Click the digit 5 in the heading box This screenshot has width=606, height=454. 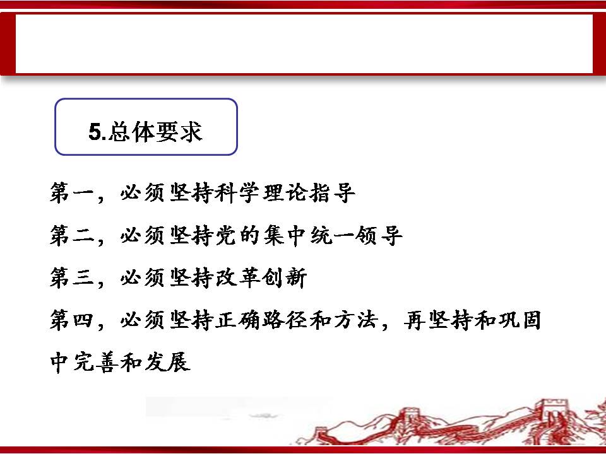pyautogui.click(x=95, y=131)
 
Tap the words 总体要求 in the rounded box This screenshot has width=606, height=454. pyautogui.click(x=155, y=132)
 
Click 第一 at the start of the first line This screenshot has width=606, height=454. pyautogui.click(x=72, y=192)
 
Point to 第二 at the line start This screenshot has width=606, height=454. pyautogui.click(x=72, y=235)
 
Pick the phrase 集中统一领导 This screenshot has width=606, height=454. pyautogui.click(x=333, y=235)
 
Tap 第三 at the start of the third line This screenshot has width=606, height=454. pyautogui.click(x=72, y=277)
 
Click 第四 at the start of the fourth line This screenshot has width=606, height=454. pyautogui.click(x=72, y=320)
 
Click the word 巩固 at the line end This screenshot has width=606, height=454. pyautogui.click(x=519, y=320)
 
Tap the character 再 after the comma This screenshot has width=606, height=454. pyautogui.click(x=415, y=320)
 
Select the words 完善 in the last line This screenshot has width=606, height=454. pyautogui.click(x=96, y=362)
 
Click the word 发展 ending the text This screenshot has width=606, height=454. pyautogui.click(x=167, y=362)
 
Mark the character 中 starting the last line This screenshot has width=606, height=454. pyautogui.click(x=61, y=362)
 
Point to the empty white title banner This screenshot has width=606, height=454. pyautogui.click(x=304, y=44)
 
